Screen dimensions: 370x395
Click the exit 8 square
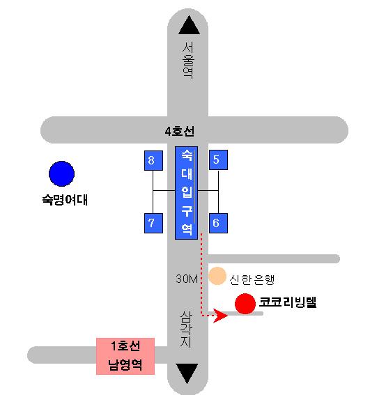(x=153, y=160)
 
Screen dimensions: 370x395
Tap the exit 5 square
(x=218, y=160)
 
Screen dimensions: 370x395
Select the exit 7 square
(x=153, y=223)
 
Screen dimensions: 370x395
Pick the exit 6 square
(x=218, y=223)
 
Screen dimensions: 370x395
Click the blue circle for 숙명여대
(x=61, y=174)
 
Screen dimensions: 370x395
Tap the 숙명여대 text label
(x=65, y=200)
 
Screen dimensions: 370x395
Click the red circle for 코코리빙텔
(x=245, y=304)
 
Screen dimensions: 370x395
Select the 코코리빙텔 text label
(x=288, y=302)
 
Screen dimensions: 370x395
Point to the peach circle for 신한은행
(x=217, y=276)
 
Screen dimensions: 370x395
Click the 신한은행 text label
(x=252, y=279)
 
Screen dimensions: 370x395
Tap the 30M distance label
(x=187, y=279)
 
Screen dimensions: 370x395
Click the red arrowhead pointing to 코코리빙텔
(x=220, y=316)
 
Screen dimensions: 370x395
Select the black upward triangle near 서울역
(x=189, y=25)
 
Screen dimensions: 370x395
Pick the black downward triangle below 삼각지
(x=187, y=373)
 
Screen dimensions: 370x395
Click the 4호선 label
(x=180, y=131)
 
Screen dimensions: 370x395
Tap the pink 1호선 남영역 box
(x=125, y=356)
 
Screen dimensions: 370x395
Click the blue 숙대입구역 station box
(x=186, y=193)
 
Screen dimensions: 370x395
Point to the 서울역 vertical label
(x=188, y=61)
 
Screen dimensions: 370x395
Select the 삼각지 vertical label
(x=186, y=330)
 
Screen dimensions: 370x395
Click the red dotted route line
(x=201, y=277)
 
